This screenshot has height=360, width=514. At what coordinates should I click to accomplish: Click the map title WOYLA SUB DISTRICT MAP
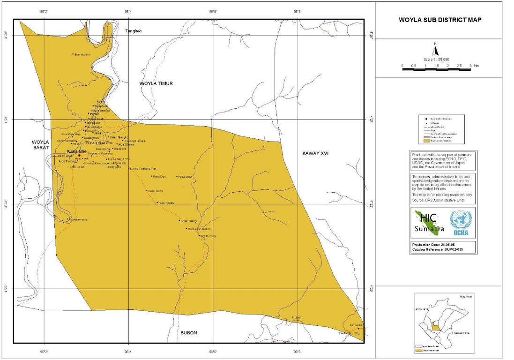[440, 20]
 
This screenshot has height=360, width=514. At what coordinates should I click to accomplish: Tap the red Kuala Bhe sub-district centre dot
[80, 155]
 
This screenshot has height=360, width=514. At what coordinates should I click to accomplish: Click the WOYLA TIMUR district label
[156, 83]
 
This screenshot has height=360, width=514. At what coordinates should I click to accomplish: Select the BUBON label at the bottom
[188, 333]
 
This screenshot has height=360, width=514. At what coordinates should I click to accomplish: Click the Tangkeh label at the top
[134, 31]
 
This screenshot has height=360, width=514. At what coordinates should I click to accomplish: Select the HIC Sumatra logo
[427, 223]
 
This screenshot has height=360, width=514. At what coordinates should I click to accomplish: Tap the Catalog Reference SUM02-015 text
[435, 250]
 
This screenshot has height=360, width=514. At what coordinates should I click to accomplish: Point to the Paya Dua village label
[160, 177]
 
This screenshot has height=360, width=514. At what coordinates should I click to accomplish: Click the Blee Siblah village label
[166, 203]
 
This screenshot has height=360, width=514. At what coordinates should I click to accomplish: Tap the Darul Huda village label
[155, 191]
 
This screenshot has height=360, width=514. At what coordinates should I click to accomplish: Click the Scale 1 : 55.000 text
[436, 59]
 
